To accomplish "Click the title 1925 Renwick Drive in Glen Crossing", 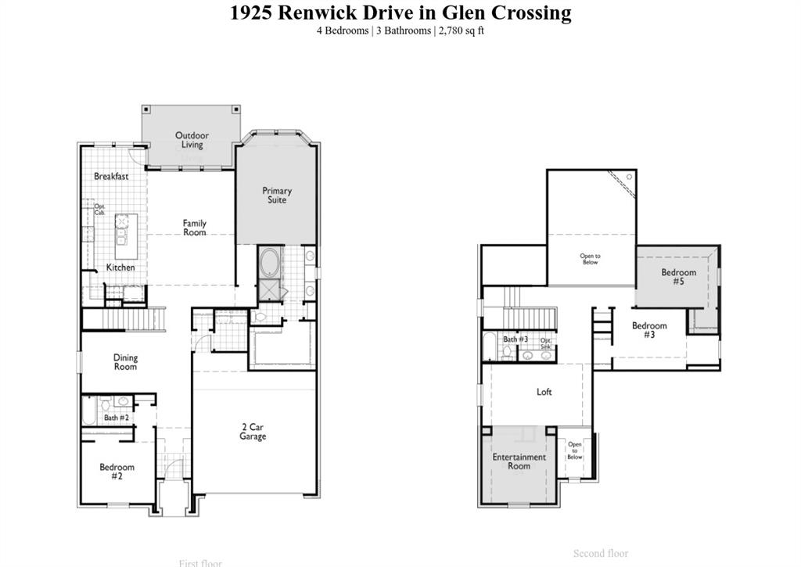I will click(x=400, y=13).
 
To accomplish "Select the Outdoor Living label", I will click(x=192, y=140).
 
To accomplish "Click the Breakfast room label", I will click(x=111, y=177).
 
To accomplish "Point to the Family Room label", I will click(x=195, y=228).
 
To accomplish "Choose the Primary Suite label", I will click(x=277, y=195).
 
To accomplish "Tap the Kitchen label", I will click(x=120, y=267).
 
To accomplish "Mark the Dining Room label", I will click(x=125, y=362).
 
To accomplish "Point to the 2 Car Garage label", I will click(x=253, y=432).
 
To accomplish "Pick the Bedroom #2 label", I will click(x=117, y=472).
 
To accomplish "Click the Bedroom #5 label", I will click(x=678, y=277).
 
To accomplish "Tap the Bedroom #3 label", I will click(x=649, y=330).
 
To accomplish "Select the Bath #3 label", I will click(x=515, y=339).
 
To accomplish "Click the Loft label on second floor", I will click(x=544, y=392).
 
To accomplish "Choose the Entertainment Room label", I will click(x=519, y=461).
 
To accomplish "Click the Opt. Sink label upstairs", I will click(x=546, y=344).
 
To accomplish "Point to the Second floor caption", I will click(x=600, y=554).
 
